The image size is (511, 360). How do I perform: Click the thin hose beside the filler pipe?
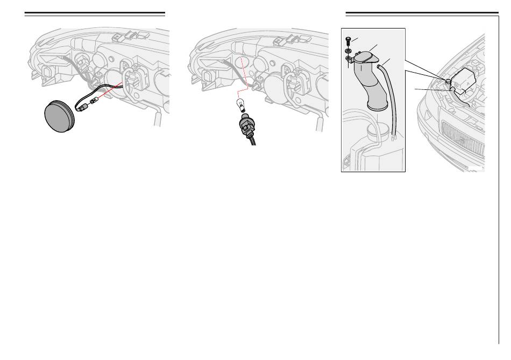click(392, 97)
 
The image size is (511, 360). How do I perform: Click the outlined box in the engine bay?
click(464, 80)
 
